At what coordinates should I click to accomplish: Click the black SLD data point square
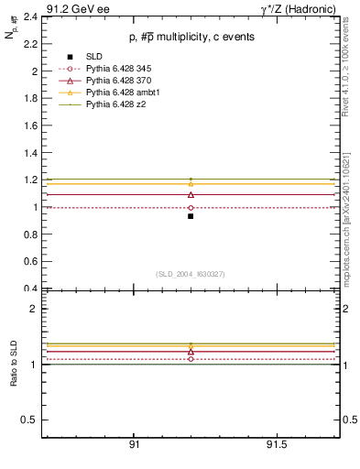(191, 216)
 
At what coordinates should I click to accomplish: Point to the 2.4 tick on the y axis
(30, 16)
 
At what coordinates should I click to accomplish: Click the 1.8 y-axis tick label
(30, 98)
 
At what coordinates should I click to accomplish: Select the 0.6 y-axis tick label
(30, 261)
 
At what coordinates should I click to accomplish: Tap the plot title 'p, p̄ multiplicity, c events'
(191, 37)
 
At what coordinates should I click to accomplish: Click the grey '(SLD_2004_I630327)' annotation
(191, 274)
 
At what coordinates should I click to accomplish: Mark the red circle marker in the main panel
(191, 208)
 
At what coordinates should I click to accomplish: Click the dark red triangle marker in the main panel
(191, 194)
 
